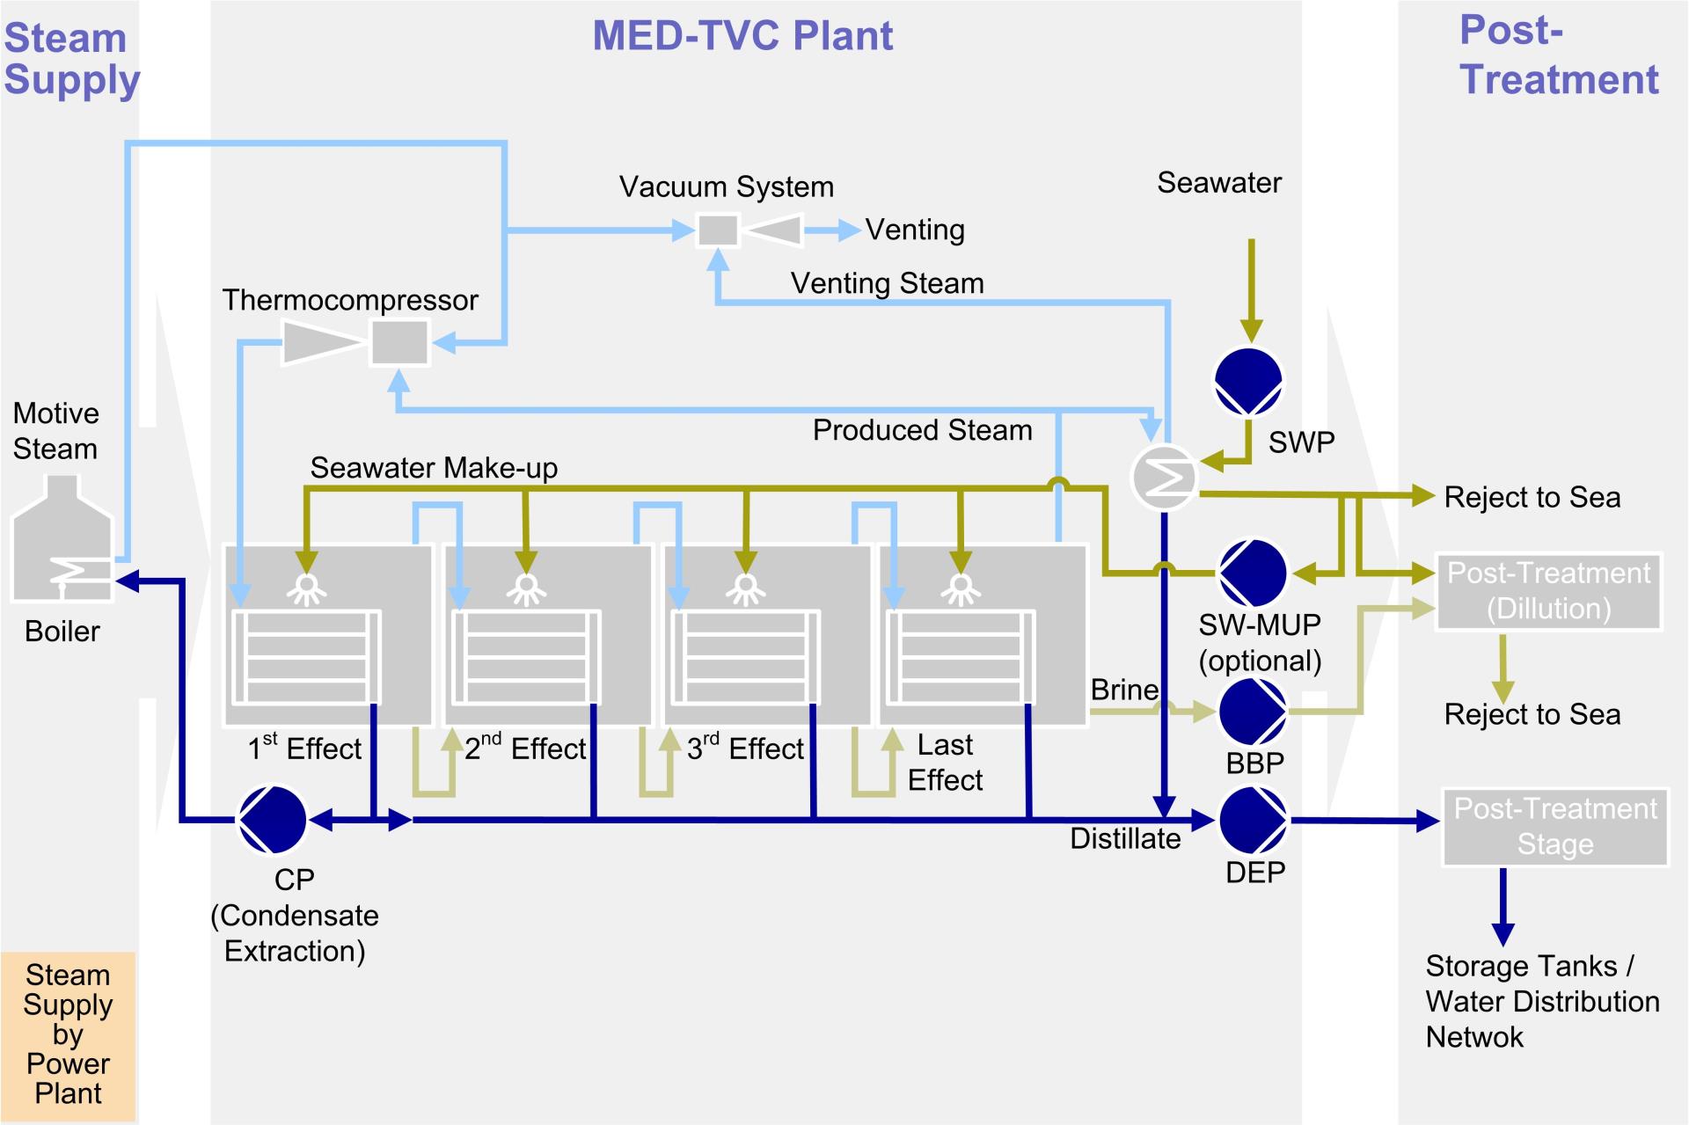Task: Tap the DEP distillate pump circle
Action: pyautogui.click(x=1253, y=820)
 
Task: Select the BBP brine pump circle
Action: pyautogui.click(x=1253, y=711)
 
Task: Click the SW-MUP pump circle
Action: pyautogui.click(x=1253, y=573)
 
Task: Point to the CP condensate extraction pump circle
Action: pyautogui.click(x=273, y=820)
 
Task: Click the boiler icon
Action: pyautogui.click(x=62, y=541)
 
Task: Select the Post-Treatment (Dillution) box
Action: pyautogui.click(x=1548, y=591)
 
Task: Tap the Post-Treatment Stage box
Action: pyautogui.click(x=1554, y=827)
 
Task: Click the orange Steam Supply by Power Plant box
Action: pyautogui.click(x=68, y=1035)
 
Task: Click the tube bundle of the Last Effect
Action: pyautogui.click(x=960, y=656)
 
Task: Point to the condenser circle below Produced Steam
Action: pyautogui.click(x=1163, y=478)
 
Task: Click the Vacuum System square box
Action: pyautogui.click(x=718, y=230)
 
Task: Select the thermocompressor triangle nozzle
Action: pyautogui.click(x=322, y=342)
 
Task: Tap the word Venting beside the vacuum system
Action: pyautogui.click(x=915, y=230)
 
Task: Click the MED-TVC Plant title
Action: pyautogui.click(x=742, y=36)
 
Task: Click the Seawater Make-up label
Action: pyautogui.click(x=434, y=468)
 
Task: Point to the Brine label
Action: pyautogui.click(x=1123, y=690)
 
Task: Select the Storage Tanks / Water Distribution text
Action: pyautogui.click(x=1541, y=1001)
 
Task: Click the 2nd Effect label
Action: pyautogui.click(x=525, y=749)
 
